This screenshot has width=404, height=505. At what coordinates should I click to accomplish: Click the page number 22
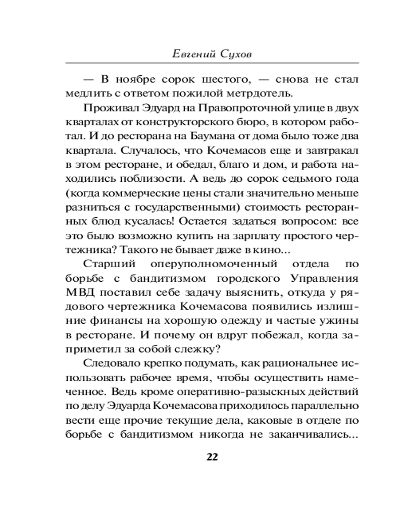[x=212, y=457]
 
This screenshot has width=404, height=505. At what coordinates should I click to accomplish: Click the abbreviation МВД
[x=79, y=292]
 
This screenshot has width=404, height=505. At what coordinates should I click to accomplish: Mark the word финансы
[x=105, y=321]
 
